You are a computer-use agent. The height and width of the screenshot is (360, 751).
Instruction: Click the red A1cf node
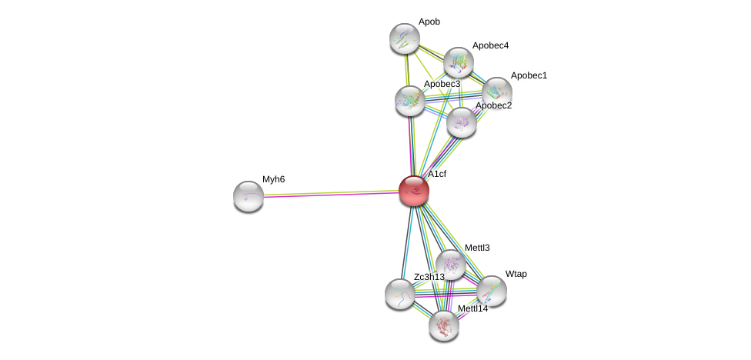[413, 190]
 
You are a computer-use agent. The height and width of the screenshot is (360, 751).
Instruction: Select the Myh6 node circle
[249, 195]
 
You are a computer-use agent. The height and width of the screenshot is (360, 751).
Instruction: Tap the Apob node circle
[404, 38]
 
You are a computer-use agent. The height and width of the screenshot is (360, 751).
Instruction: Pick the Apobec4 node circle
[458, 62]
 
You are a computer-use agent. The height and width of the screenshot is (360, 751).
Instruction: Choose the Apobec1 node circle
[496, 92]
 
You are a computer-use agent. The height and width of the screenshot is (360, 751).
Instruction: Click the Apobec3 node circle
[409, 100]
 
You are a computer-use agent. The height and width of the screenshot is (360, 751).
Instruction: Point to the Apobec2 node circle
[461, 122]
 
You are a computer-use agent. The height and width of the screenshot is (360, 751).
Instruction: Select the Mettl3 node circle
[450, 264]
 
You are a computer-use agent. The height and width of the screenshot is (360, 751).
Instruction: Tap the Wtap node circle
[491, 291]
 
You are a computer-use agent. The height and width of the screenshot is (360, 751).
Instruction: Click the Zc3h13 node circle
[399, 293]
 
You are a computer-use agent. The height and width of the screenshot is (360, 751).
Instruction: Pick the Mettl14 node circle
[444, 325]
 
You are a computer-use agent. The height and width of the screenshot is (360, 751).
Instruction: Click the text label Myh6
[273, 179]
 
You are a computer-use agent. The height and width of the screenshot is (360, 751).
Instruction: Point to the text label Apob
[429, 22]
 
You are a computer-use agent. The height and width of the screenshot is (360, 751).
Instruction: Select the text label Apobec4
[490, 45]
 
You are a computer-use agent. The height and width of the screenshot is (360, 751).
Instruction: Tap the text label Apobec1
[529, 75]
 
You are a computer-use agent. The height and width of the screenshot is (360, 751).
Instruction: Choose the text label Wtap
[516, 274]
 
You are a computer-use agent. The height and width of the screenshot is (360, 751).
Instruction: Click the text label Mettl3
[477, 248]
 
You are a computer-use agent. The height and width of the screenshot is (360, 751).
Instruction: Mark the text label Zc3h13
[429, 277]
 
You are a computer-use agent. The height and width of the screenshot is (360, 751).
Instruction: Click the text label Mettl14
[472, 308]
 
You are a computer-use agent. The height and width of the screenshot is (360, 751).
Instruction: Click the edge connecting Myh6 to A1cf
[331, 193]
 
